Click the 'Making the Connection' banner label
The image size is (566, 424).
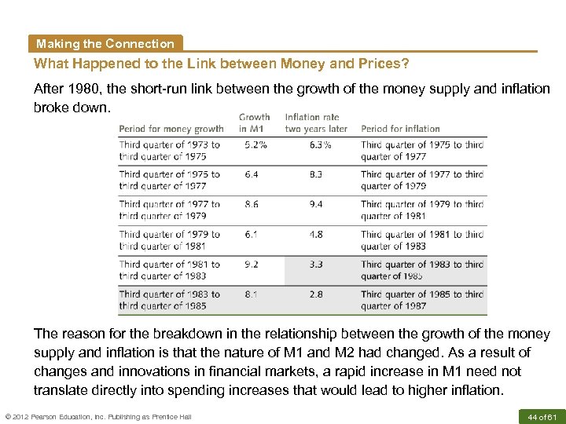point(105,44)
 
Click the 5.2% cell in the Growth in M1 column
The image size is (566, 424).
point(255,144)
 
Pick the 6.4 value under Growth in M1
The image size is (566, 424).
point(252,174)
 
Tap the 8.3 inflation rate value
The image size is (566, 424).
point(316,174)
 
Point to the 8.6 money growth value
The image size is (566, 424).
point(252,204)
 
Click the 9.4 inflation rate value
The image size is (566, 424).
point(316,204)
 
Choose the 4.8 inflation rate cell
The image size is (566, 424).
point(316,234)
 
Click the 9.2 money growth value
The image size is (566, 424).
point(252,265)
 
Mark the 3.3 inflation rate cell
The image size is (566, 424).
point(316,265)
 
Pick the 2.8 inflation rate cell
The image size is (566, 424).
point(316,294)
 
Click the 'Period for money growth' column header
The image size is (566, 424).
point(171,129)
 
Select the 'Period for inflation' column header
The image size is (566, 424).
point(400,129)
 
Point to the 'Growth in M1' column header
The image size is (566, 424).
point(254,123)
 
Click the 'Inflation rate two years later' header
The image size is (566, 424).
point(316,123)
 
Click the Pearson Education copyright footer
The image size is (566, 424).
point(97,416)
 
